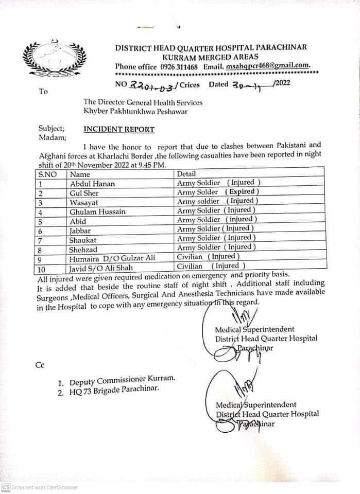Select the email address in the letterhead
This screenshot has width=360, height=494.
(267, 66)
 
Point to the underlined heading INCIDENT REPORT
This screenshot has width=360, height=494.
(118, 129)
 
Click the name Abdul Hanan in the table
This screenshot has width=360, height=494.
(92, 183)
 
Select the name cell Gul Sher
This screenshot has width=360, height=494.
(83, 193)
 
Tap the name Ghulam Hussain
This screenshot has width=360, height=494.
(95, 211)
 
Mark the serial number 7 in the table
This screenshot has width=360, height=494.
(41, 240)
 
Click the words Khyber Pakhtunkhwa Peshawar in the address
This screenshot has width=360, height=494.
(135, 112)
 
